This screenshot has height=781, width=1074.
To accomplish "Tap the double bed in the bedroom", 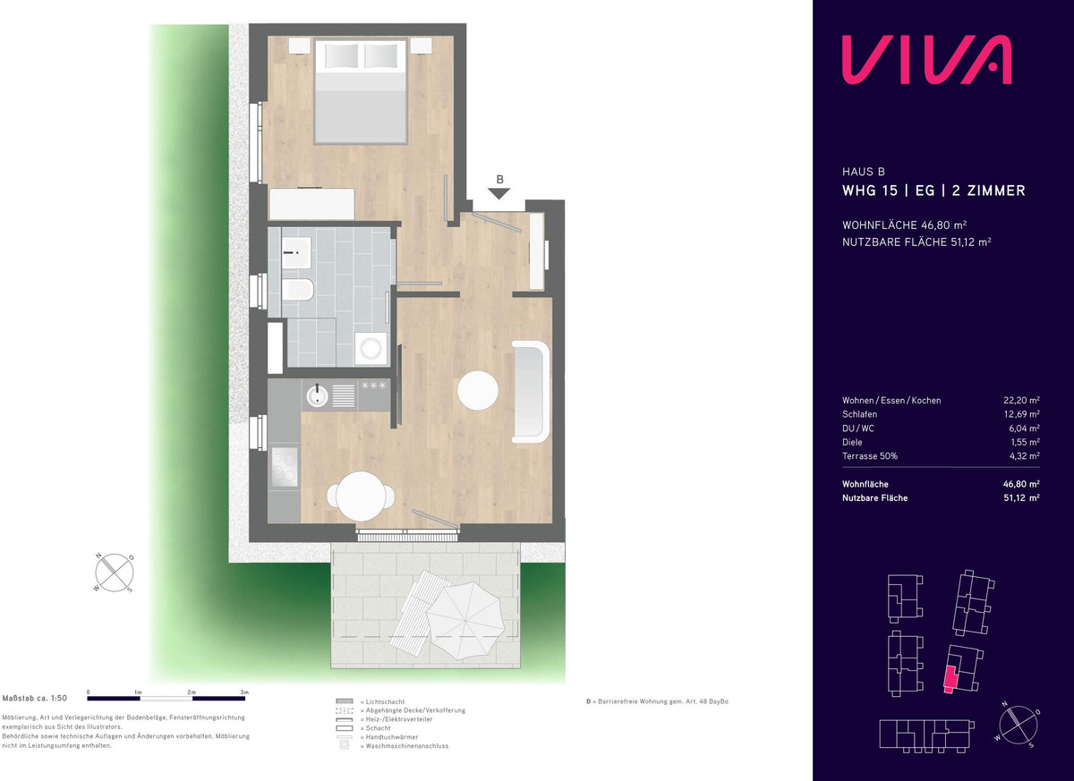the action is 361,91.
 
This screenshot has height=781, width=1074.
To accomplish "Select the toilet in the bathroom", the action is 297,289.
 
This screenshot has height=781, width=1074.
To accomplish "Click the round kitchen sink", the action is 317,395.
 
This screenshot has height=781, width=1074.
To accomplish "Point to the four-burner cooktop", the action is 284,467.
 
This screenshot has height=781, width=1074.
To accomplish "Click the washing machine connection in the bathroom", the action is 371,348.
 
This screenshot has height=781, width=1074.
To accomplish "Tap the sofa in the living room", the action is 530,392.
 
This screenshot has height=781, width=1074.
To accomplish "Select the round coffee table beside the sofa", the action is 478,390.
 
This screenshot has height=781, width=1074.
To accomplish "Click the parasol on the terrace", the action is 465,620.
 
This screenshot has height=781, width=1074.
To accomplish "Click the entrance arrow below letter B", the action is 499,193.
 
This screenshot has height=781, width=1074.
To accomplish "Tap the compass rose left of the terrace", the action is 115,573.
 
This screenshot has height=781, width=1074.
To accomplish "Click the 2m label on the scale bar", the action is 192,692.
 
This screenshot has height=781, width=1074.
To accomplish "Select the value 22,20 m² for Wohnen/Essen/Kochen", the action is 1021,400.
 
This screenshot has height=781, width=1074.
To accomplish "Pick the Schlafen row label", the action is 860,414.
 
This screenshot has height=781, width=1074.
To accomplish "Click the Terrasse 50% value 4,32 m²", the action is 1024,455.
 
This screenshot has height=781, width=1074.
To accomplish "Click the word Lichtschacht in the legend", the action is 385,701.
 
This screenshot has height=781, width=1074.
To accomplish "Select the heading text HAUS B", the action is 864,172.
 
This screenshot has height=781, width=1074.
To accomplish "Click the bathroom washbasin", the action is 296,252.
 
